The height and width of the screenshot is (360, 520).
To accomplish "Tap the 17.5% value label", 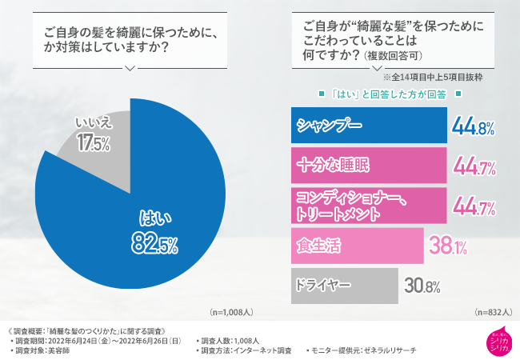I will point(93,143).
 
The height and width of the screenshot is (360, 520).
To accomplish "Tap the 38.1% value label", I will point(449,246).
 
